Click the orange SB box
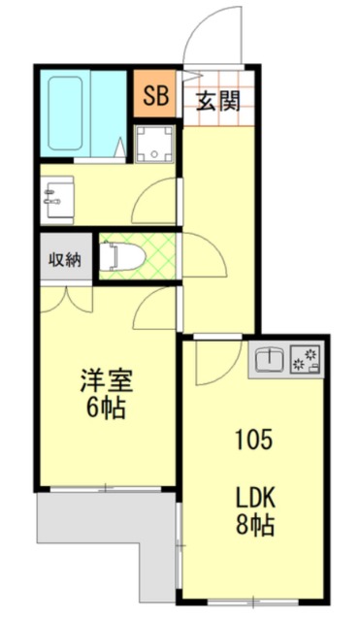point(154,95)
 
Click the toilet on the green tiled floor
point(120,255)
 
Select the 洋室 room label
point(106,378)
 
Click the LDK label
point(257,499)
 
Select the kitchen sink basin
point(269,361)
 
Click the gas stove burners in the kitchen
point(310,361)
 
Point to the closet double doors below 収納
point(67,296)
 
